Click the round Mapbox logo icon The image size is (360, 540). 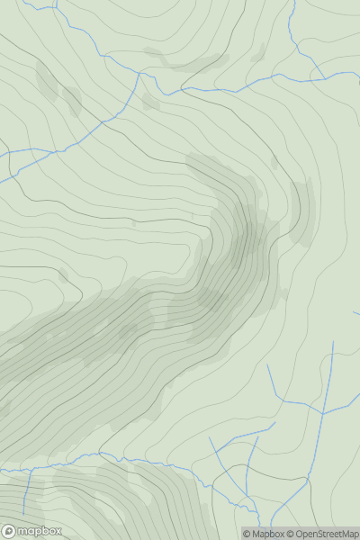[x=10, y=531]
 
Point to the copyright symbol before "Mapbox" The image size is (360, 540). [x=247, y=534]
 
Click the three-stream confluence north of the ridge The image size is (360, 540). [x=139, y=74]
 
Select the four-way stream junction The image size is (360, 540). [x=323, y=414]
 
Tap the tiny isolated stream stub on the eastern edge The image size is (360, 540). [x=356, y=313]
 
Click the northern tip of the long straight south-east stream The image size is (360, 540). [x=333, y=342]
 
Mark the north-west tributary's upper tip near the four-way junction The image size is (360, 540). [x=267, y=365]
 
